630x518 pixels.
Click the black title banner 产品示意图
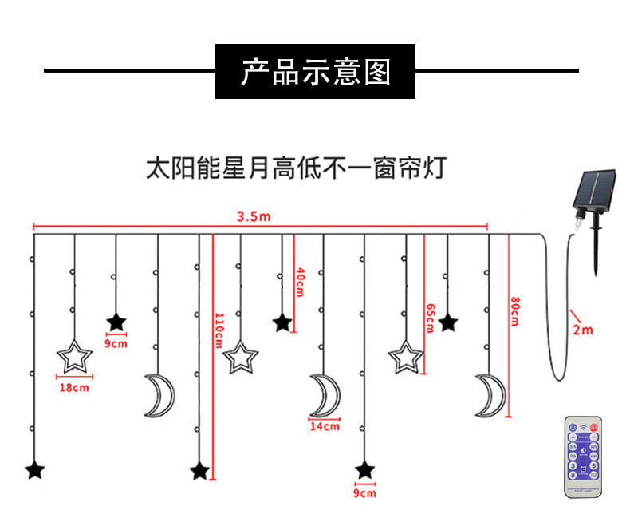tap(315, 71)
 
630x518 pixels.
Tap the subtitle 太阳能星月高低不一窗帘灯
tap(295, 169)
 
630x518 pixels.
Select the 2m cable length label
tap(582, 329)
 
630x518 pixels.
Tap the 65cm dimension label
tap(431, 318)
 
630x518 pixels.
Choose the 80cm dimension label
tap(514, 311)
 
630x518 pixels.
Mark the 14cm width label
tap(325, 426)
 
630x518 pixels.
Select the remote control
tap(584, 457)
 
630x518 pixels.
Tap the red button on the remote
tap(594, 429)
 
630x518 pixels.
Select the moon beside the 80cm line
tap(488, 393)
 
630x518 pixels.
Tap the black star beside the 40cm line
tap(282, 323)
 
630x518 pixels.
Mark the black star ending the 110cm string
tap(199, 471)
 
